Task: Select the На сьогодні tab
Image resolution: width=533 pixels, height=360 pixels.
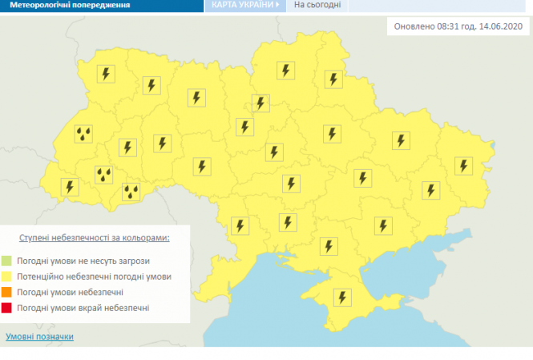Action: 317,5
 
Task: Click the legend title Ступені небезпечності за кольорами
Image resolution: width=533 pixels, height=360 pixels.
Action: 94,238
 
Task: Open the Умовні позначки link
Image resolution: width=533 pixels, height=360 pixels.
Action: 39,337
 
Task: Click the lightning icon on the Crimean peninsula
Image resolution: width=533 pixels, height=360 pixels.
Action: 342,297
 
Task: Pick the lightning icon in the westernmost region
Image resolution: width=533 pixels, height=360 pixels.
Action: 71,187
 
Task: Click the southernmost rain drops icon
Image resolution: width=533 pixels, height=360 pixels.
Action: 131,192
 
